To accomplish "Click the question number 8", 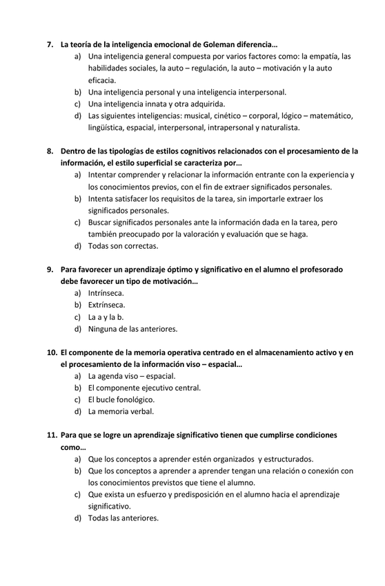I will (50, 151).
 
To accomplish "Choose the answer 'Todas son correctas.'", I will (123, 245).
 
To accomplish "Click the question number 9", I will (50, 269).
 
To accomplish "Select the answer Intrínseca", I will (106, 293).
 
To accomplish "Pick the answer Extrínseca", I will (107, 305).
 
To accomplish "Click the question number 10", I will (52, 352).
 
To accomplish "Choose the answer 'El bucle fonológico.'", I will (121, 399).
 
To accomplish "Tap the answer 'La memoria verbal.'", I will (121, 411).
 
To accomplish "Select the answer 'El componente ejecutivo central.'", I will (144, 388).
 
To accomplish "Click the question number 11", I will (52, 435).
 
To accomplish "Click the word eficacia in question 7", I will (101, 80).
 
